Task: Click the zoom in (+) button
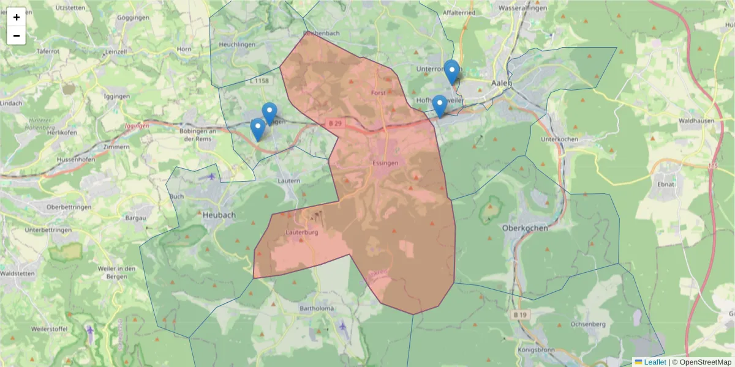point(17,17)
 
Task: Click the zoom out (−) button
point(17,35)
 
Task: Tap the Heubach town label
point(219,215)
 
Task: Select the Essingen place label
point(385,163)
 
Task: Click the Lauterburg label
point(302,232)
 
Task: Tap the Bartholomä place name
point(317,308)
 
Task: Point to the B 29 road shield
point(334,123)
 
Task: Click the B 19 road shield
point(520,314)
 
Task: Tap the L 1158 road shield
point(260,81)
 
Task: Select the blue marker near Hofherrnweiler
point(439,106)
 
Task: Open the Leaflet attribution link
point(655,362)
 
